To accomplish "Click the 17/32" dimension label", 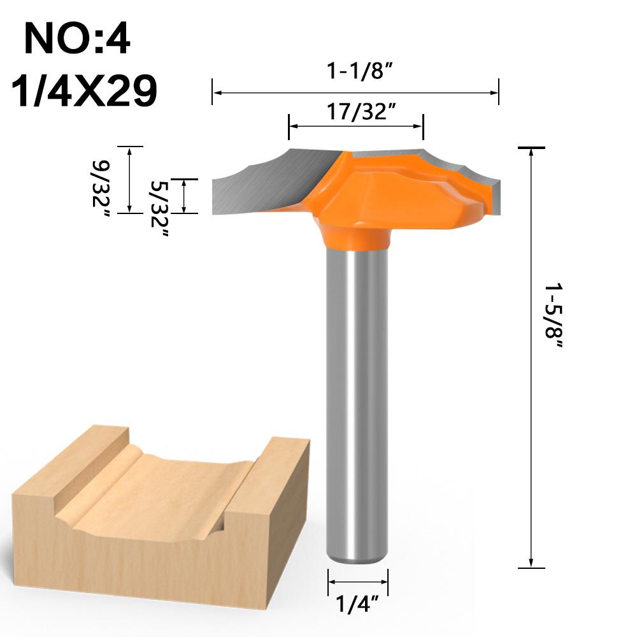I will (x=357, y=111).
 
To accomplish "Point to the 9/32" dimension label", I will (x=102, y=189).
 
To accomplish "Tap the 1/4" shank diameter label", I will (x=357, y=603).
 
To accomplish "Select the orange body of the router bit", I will (x=382, y=191).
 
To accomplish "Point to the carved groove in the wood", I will (x=159, y=490).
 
